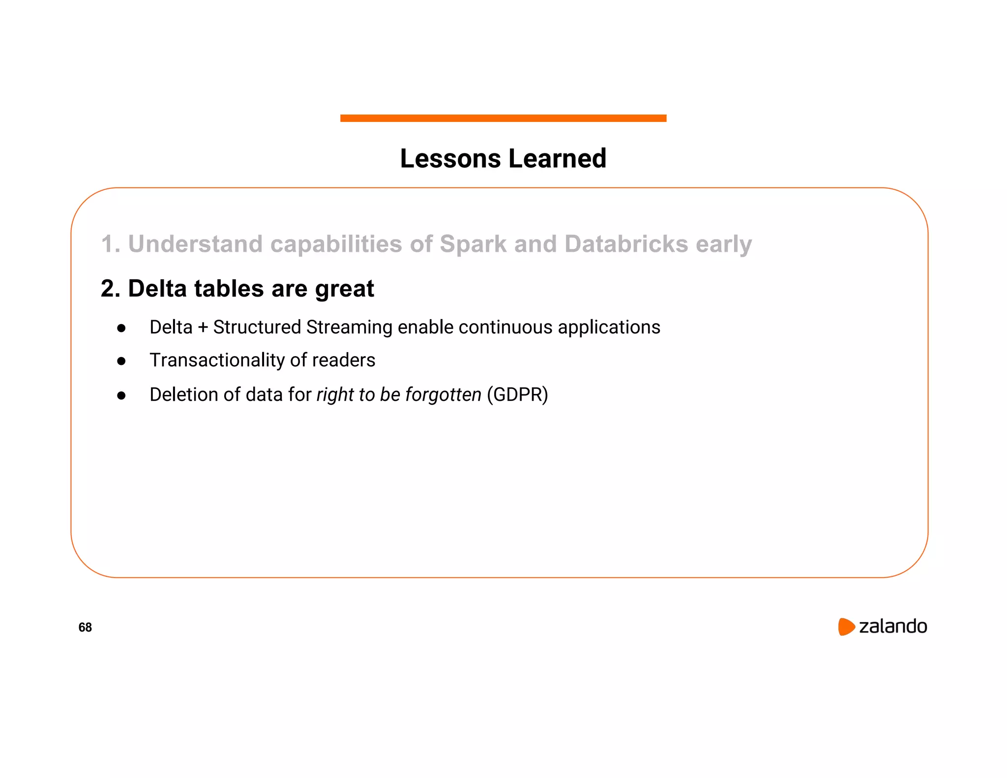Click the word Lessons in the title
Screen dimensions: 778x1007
(450, 159)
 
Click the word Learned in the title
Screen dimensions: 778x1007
(557, 159)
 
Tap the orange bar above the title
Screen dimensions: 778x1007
(503, 118)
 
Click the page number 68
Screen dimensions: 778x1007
(85, 627)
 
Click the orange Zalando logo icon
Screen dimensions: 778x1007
(846, 627)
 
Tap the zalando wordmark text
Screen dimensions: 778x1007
(892, 627)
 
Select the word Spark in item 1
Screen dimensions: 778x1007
(473, 244)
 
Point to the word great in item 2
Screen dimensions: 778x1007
(344, 289)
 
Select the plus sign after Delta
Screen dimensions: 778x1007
(203, 328)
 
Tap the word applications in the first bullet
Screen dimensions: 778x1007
(609, 328)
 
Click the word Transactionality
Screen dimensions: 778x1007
(217, 360)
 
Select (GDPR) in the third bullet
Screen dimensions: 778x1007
(517, 394)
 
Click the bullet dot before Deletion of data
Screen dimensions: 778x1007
(121, 395)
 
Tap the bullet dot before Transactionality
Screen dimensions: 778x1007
(121, 361)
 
